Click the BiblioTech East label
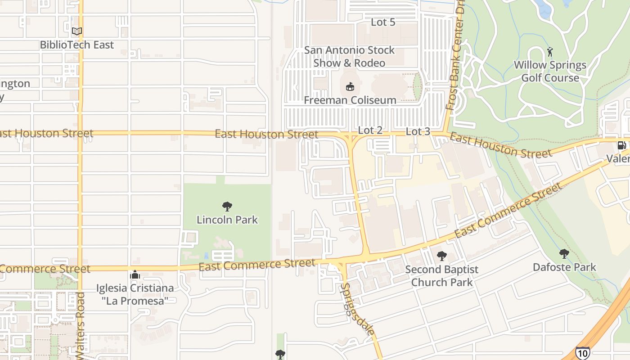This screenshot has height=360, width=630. pos(77,45)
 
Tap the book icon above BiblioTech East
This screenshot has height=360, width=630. pos(77,31)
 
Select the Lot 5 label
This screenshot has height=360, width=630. pos(383,22)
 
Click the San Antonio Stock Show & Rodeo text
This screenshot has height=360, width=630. pos(349,56)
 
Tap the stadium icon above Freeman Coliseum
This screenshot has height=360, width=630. pos(350,86)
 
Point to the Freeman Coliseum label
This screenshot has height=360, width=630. pos(350,100)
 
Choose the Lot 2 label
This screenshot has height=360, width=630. pos(370,130)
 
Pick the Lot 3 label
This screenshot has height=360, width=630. pos(418,131)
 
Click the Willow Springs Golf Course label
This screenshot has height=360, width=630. pos(550,71)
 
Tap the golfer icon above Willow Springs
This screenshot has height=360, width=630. pos(550,52)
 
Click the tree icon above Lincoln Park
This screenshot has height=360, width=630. pos(227,207)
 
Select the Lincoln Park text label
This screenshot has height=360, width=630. pos(227,220)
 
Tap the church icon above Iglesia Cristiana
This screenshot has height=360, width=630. pos(135,274)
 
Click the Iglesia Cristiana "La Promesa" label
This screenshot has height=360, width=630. pos(135,294)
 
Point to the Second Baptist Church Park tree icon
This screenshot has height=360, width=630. pos(442,256)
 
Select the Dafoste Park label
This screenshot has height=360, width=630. pos(564,267)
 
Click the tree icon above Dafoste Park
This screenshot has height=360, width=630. pos(564,254)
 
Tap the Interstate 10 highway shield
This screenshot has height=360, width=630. pos(582,353)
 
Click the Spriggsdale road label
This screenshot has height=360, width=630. pos(357,309)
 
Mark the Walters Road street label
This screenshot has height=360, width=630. pos(81,322)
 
